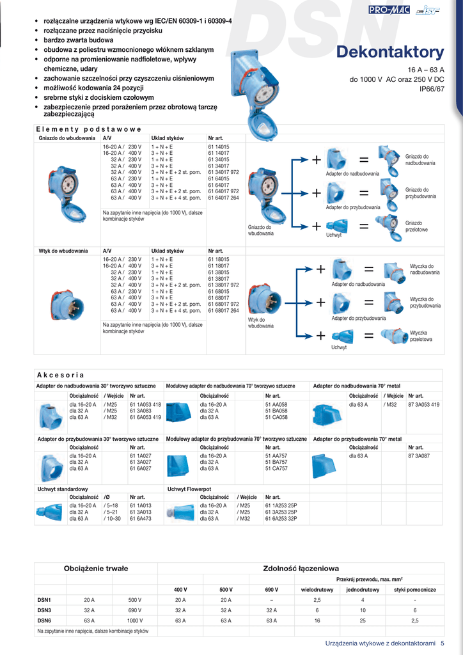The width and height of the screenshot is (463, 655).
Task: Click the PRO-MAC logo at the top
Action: pyautogui.click(x=386, y=10)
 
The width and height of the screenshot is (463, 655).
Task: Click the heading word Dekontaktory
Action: pyautogui.click(x=389, y=52)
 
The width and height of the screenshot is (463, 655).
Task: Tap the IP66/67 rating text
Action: pyautogui.click(x=431, y=90)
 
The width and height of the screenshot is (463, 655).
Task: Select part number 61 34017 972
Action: pyautogui.click(x=223, y=172)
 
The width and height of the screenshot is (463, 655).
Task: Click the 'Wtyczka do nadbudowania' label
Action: pyautogui.click(x=425, y=269)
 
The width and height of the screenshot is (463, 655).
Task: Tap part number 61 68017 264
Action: pyautogui.click(x=223, y=311)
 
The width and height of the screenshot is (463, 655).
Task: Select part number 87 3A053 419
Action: pyautogui.click(x=423, y=405)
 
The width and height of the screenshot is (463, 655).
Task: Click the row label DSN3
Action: pyautogui.click(x=44, y=610)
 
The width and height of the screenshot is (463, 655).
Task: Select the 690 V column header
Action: pyautogui.click(x=271, y=589)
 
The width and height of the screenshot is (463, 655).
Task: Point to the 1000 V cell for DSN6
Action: pyautogui.click(x=134, y=620)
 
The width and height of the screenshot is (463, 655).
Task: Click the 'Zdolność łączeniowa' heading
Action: pyautogui.click(x=301, y=568)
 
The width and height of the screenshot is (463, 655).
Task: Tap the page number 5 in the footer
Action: pyautogui.click(x=443, y=643)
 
